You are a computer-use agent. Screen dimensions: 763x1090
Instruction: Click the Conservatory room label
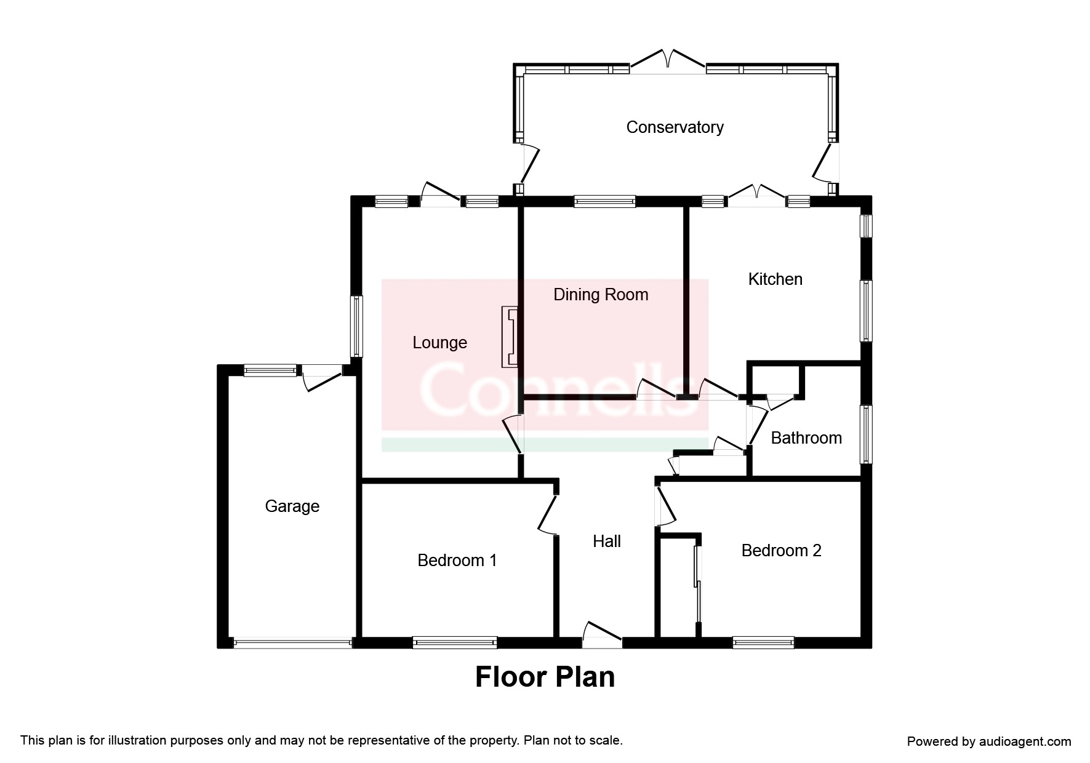[675, 127]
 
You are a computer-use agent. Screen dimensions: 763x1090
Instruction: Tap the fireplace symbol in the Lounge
[510, 337]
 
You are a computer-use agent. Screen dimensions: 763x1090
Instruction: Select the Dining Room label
[601, 295]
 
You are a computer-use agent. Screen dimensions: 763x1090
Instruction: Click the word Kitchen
[775, 279]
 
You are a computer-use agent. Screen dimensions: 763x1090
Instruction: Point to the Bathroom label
[806, 438]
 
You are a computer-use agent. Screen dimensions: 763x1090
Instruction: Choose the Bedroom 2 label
[781, 551]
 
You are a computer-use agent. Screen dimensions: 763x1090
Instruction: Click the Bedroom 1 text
[457, 561]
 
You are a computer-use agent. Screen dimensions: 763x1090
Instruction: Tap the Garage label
[292, 506]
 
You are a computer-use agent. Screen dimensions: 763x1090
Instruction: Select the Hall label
[606, 541]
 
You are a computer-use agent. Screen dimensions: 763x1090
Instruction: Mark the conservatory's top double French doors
[668, 62]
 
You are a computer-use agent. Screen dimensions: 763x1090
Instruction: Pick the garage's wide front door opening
[292, 644]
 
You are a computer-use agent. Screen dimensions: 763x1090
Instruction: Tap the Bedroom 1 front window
[455, 643]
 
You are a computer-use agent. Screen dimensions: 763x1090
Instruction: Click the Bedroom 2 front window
[763, 643]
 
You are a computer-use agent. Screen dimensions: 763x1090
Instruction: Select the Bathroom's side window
[866, 434]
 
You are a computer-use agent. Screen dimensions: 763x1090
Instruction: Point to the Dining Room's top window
[604, 201]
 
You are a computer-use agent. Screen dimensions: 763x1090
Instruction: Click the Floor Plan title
[545, 677]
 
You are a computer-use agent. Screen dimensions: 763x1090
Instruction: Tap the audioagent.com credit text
[989, 741]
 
